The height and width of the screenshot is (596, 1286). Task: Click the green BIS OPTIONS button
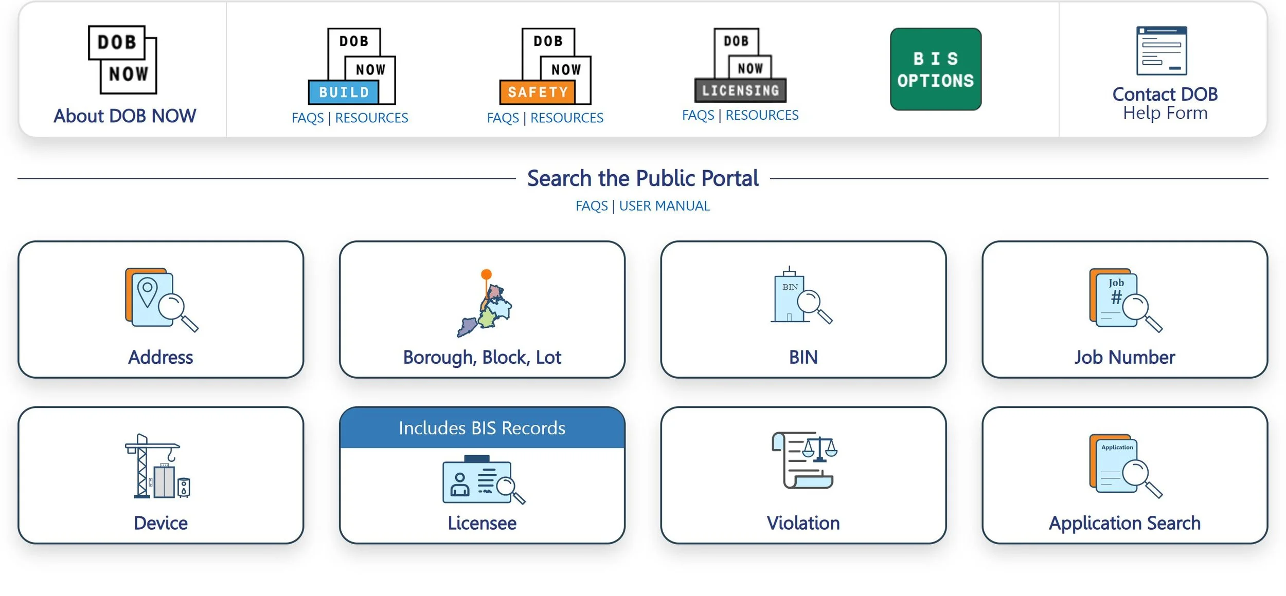coord(935,69)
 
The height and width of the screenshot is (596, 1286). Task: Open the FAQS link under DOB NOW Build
coord(307,118)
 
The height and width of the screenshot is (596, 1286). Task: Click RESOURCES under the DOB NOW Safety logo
coord(566,118)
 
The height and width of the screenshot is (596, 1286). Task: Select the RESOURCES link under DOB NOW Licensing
coord(762,116)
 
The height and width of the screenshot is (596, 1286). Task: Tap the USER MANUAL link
coord(664,206)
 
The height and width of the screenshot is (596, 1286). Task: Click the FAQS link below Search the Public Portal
coord(591,206)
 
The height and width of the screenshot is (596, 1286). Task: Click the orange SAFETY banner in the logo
coord(538,92)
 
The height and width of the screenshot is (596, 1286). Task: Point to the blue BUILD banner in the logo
coord(344,92)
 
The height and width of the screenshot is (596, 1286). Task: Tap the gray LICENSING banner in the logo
coord(740,91)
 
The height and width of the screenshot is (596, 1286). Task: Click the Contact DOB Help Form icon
coord(1162,51)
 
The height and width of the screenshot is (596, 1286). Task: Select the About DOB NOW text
coord(125,116)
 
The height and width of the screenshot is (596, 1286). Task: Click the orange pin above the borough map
coord(486,274)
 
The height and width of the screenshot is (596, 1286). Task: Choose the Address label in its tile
coord(160,357)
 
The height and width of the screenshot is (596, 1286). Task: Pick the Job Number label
coord(1124,357)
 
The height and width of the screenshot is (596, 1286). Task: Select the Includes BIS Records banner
coord(482,428)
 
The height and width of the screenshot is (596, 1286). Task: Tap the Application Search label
coord(1124,523)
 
